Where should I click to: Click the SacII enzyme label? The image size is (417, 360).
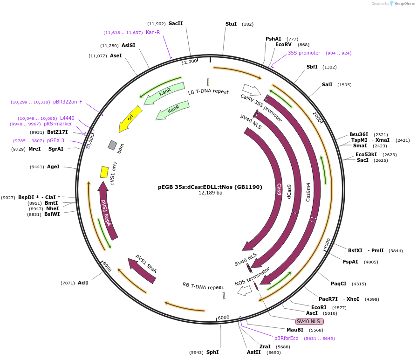[176, 24]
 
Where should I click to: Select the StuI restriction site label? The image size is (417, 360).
[231, 24]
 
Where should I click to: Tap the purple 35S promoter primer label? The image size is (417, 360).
[304, 53]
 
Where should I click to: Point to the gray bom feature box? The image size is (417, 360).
[112, 145]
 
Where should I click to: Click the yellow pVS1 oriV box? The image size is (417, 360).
[104, 172]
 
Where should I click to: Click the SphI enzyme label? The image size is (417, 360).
[212, 352]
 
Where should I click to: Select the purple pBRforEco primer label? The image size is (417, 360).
[286, 338]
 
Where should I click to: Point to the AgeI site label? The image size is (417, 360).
[53, 166]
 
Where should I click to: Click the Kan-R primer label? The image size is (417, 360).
[153, 33]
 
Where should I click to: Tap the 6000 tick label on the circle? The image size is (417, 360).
[224, 318]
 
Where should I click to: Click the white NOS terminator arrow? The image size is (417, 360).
[244, 291]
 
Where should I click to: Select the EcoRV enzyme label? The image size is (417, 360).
[283, 45]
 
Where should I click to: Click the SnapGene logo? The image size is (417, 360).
[401, 4]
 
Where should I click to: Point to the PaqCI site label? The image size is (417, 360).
[339, 284]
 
